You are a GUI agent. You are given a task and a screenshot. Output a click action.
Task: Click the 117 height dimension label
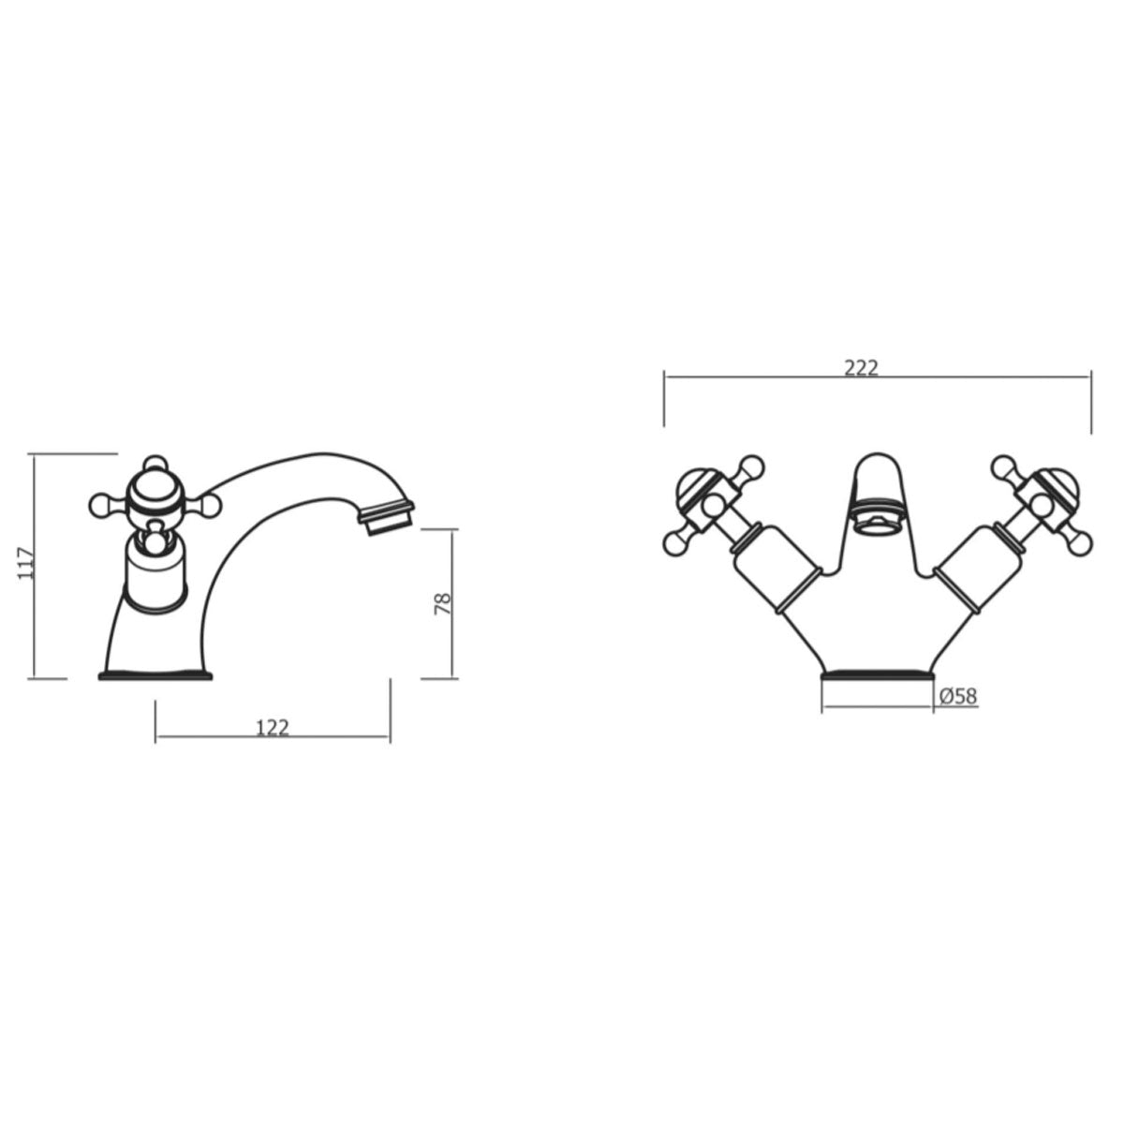[27, 564]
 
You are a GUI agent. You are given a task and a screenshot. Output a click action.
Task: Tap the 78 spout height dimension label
[443, 602]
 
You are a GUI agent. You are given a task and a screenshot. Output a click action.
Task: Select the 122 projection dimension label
[272, 727]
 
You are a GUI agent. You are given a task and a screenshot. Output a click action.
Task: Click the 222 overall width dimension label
[861, 368]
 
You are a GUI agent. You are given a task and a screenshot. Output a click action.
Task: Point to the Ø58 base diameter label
[957, 695]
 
